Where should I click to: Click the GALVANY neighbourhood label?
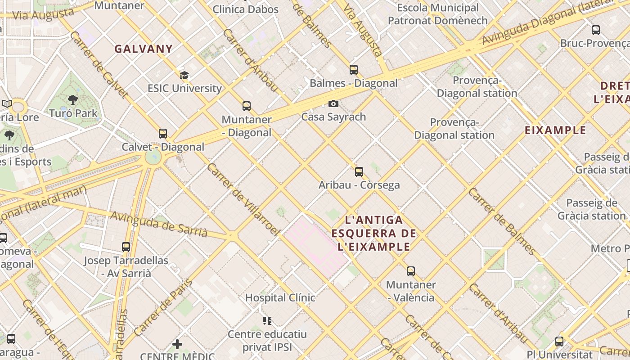click(x=144, y=49)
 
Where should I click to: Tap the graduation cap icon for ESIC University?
click(x=184, y=75)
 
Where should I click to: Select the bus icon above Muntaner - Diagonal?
click(x=247, y=106)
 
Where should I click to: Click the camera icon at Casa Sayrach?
click(x=333, y=103)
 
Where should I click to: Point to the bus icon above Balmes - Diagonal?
click(x=354, y=70)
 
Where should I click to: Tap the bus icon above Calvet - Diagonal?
click(x=163, y=134)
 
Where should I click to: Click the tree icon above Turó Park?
click(x=72, y=100)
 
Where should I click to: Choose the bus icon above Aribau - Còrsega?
click(x=359, y=171)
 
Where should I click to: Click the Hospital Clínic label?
click(x=280, y=297)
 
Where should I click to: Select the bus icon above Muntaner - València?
click(x=411, y=271)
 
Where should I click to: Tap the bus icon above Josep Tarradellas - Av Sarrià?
click(x=126, y=247)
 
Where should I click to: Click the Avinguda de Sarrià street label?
click(x=159, y=224)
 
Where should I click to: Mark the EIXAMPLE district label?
click(x=555, y=130)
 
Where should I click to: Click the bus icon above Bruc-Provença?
click(x=596, y=30)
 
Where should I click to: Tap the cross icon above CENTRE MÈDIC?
click(x=177, y=344)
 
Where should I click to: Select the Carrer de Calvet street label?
click(x=99, y=64)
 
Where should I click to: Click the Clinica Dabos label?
click(x=245, y=9)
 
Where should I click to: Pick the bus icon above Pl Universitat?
click(x=559, y=341)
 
